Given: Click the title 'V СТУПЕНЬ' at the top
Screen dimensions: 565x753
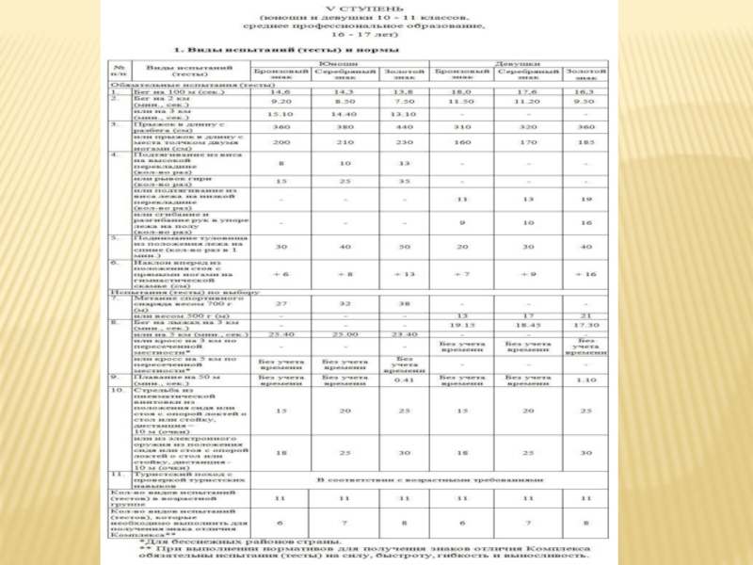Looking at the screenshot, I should (374, 8).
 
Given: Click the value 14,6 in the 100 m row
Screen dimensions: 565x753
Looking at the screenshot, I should (280, 92).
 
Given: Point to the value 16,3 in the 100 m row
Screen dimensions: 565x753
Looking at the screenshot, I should (585, 92).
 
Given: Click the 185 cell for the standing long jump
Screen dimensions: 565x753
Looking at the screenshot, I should (585, 142).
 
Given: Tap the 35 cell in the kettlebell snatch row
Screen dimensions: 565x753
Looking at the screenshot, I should (404, 180).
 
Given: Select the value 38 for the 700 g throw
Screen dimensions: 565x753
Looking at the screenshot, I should (404, 304).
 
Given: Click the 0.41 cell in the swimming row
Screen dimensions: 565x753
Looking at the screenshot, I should (404, 379).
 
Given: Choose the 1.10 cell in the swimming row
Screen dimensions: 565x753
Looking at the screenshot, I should (585, 379).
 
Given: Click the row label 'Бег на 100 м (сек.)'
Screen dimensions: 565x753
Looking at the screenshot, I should (173, 92).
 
